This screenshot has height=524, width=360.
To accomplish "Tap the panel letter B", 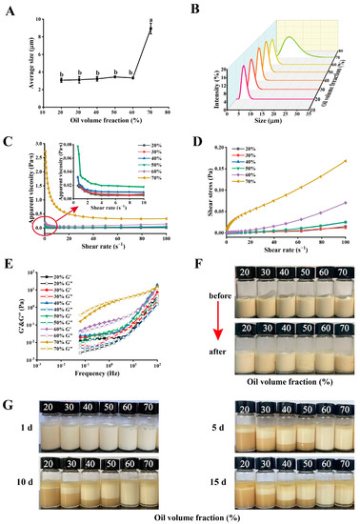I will click(195, 10).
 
